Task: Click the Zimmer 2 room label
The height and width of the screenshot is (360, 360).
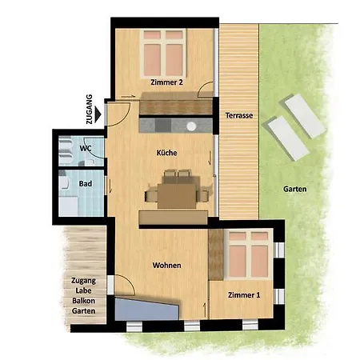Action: point(166,82)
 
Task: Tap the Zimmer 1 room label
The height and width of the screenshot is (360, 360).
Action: point(244,295)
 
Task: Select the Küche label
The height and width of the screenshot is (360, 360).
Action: point(166,153)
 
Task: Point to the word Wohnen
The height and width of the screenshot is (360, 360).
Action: point(166,266)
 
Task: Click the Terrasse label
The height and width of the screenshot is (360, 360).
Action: point(239,115)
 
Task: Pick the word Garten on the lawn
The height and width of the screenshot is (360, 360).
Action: point(294,189)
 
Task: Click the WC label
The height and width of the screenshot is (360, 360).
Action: point(86,148)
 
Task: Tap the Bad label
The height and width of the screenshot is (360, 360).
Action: point(86,184)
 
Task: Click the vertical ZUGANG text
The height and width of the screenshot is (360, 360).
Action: point(89,109)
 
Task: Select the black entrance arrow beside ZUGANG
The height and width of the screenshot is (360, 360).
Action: point(98,114)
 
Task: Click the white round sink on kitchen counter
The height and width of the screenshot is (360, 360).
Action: point(191,126)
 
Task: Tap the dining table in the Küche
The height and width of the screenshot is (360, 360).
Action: point(177,196)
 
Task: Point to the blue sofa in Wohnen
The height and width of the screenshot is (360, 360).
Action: point(146,309)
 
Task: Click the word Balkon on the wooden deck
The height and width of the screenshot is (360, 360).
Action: point(83,301)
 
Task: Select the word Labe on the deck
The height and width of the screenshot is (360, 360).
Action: point(83,290)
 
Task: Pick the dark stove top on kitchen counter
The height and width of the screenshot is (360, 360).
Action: point(163,126)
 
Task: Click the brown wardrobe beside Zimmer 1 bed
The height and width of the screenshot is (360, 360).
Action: point(216,254)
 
